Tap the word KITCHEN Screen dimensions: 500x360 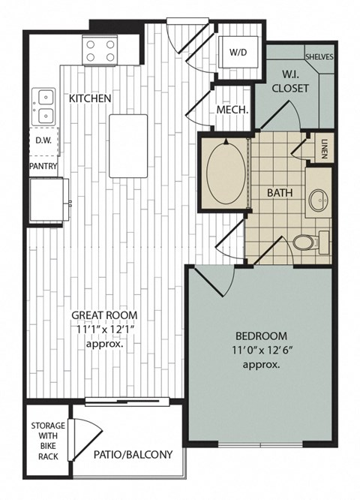click(x=90, y=98)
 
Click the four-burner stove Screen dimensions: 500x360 click(x=100, y=50)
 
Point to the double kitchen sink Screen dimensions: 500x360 click(x=43, y=106)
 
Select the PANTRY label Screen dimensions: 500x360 click(x=43, y=166)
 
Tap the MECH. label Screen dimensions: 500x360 click(x=232, y=110)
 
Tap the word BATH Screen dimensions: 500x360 click(x=280, y=192)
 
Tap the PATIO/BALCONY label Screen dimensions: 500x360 click(x=133, y=454)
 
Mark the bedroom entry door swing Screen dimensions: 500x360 click(x=214, y=282)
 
